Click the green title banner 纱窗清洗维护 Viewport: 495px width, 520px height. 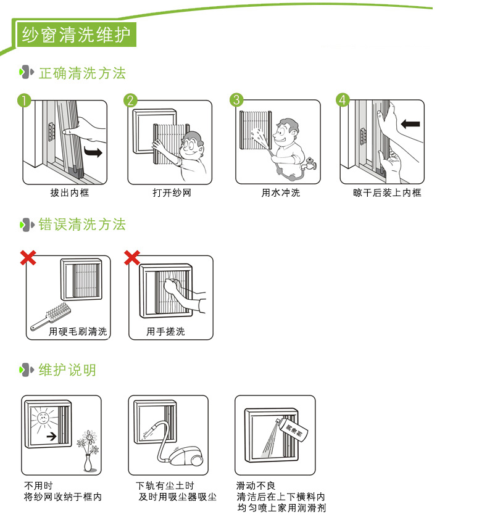pyautogui.click(x=76, y=35)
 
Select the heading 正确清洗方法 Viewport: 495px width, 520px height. pyautogui.click(x=81, y=73)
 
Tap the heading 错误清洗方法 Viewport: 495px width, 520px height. pyautogui.click(x=81, y=225)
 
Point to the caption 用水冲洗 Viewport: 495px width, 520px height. pyautogui.click(x=280, y=193)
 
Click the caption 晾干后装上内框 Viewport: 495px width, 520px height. pyautogui.click(x=387, y=193)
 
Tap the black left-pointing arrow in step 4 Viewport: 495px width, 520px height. pyautogui.click(x=410, y=124)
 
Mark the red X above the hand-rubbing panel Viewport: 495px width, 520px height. pyautogui.click(x=132, y=257)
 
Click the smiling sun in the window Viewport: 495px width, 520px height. pyautogui.click(x=43, y=419)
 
